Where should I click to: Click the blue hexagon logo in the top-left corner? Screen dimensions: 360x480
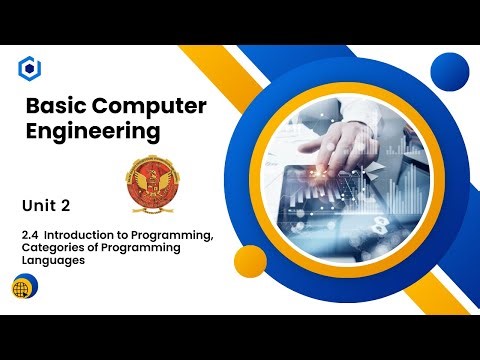point(30,68)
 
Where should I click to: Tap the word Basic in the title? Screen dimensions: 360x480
point(53,106)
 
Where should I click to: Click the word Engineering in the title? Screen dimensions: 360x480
point(91,131)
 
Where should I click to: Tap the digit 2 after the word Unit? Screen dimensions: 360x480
point(65,206)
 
